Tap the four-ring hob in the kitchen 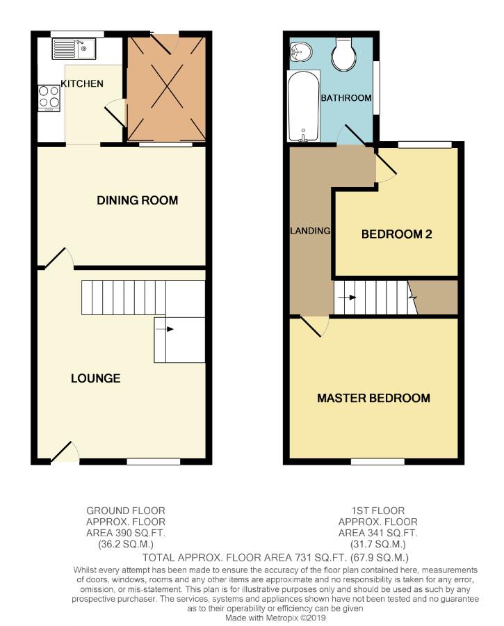pos(49,98)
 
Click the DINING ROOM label pos(137,200)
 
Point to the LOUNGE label pos(95,378)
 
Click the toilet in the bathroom pos(343,54)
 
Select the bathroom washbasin pos(300,50)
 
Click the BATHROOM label pos(346,98)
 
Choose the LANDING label pos(309,231)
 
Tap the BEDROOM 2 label pos(396,234)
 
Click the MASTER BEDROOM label pos(373,399)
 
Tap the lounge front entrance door pos(63,452)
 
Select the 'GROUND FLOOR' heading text pos(126,511)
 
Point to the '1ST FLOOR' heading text pos(377,511)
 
